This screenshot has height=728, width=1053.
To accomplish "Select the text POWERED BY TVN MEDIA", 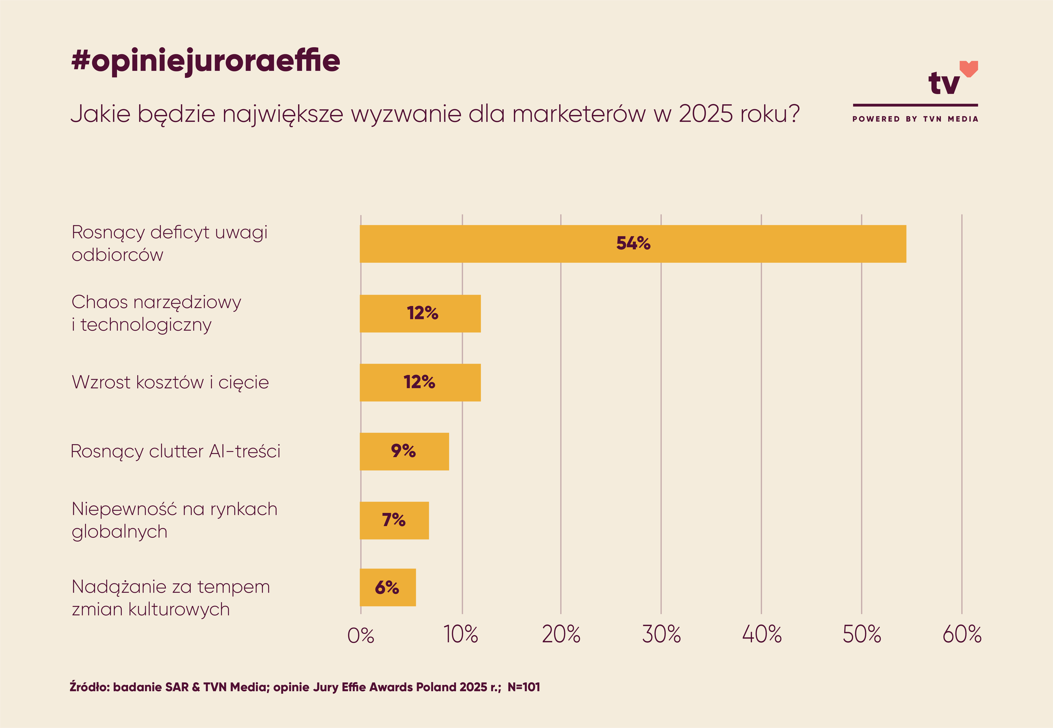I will click(915, 119).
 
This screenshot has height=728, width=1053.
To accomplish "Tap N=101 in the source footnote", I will click(524, 687).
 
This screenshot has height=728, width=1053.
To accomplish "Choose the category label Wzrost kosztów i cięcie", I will click(170, 382).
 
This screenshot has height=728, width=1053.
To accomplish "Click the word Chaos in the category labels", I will click(99, 302).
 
